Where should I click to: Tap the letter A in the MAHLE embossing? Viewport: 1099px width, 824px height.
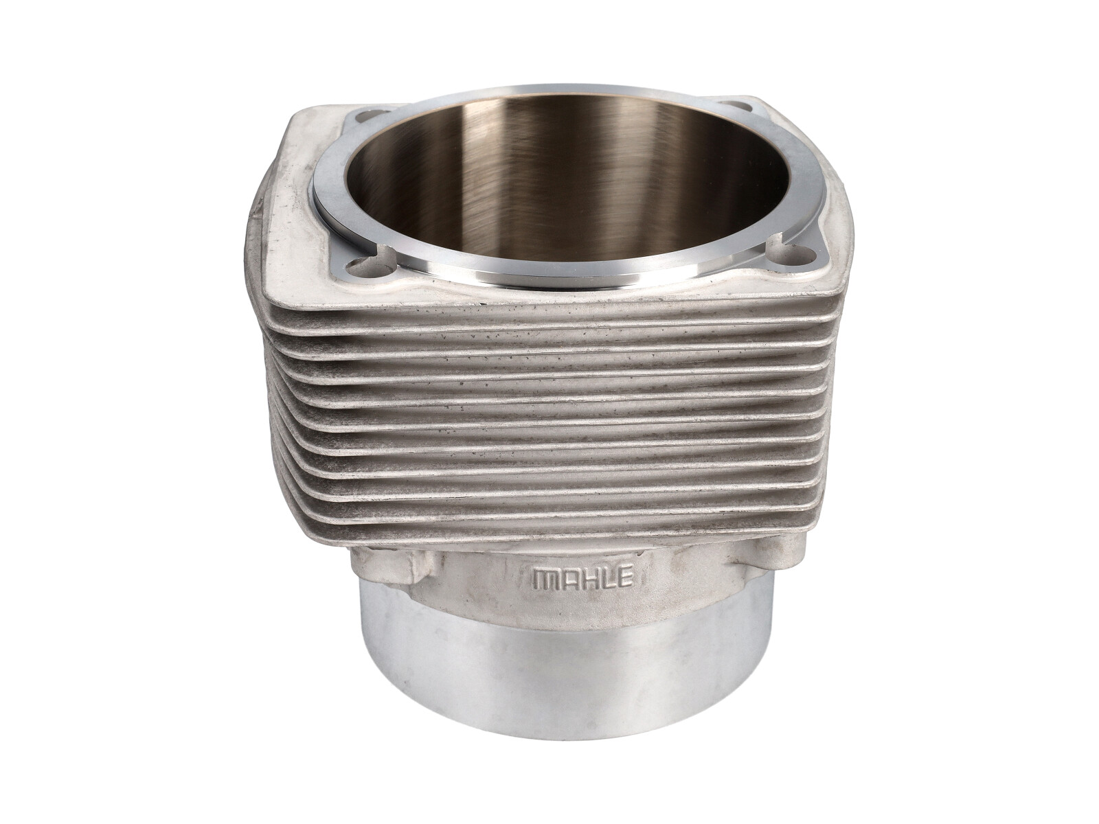[567, 579]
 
